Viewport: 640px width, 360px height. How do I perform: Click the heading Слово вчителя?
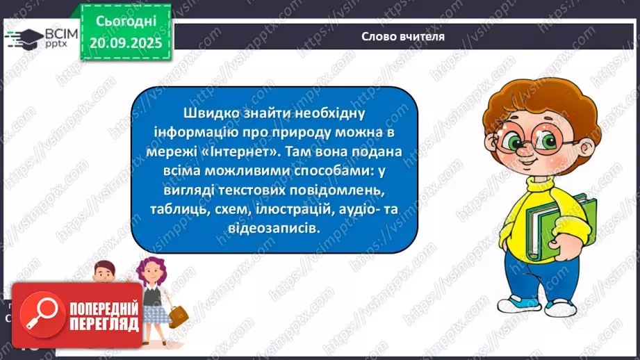403,36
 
